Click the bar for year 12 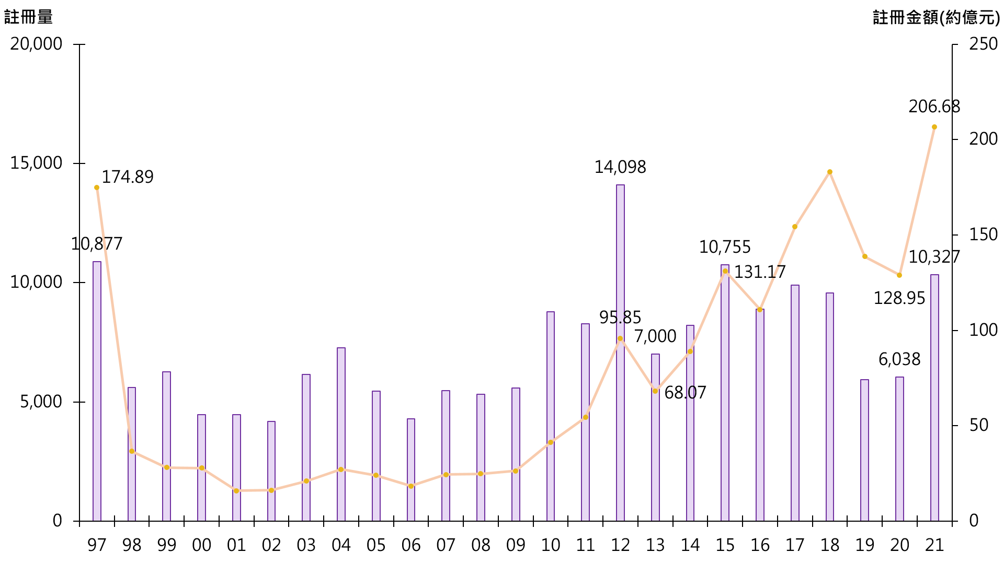[x=620, y=352]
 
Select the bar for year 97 [x=97, y=391]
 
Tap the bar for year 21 [x=934, y=397]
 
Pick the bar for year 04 [x=341, y=434]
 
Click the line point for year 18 [x=830, y=172]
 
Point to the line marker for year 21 [x=934, y=127]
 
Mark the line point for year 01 [x=236, y=491]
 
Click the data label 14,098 [x=620, y=167]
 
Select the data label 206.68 [x=934, y=107]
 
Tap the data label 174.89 [x=128, y=177]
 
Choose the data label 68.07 [x=685, y=393]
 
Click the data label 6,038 [x=899, y=359]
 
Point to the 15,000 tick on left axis [x=36, y=163]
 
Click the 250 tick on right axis [x=984, y=44]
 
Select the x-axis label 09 [x=516, y=545]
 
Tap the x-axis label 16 [x=760, y=545]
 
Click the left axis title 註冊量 [x=29, y=17]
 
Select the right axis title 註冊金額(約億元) [x=936, y=18]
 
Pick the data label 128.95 [x=899, y=298]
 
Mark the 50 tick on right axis [x=979, y=425]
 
